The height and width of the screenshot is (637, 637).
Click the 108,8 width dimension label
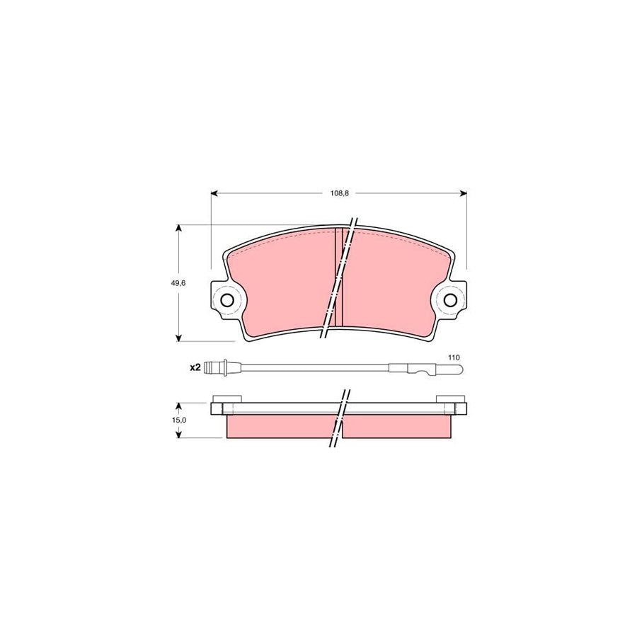(x=339, y=193)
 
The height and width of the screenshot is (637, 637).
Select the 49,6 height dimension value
(x=178, y=283)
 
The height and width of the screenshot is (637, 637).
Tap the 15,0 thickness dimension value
(x=179, y=420)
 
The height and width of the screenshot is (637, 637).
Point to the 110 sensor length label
(x=454, y=357)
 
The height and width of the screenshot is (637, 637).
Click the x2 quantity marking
(x=195, y=367)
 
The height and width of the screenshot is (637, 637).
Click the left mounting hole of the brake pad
(x=226, y=301)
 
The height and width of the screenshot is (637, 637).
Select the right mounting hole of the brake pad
(x=449, y=301)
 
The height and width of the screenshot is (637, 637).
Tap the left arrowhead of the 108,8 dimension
(x=215, y=193)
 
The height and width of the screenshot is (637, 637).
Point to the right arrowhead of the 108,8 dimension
(x=463, y=193)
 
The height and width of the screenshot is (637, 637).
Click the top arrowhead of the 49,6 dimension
(x=178, y=228)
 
